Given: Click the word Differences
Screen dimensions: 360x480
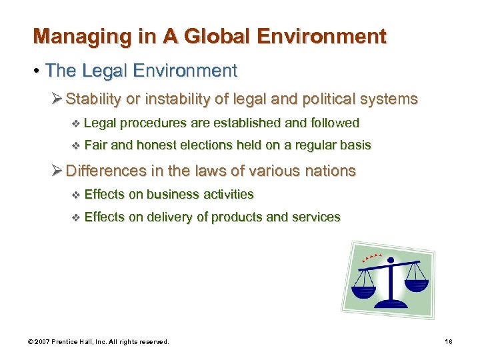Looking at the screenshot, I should tap(106, 171).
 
